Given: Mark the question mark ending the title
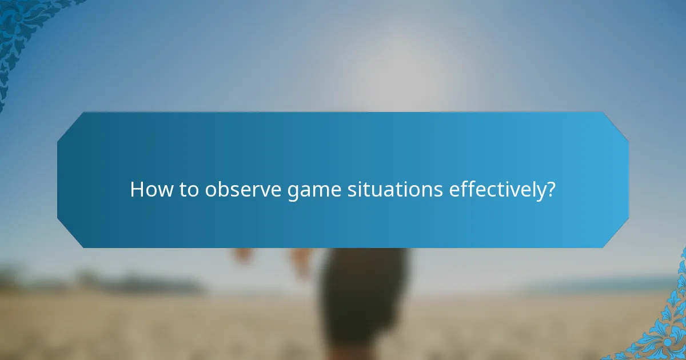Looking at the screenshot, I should [551, 190].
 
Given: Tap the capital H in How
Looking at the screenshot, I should [137, 190].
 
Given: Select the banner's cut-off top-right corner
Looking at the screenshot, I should [616, 125].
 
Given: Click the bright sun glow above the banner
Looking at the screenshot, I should [400, 69].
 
